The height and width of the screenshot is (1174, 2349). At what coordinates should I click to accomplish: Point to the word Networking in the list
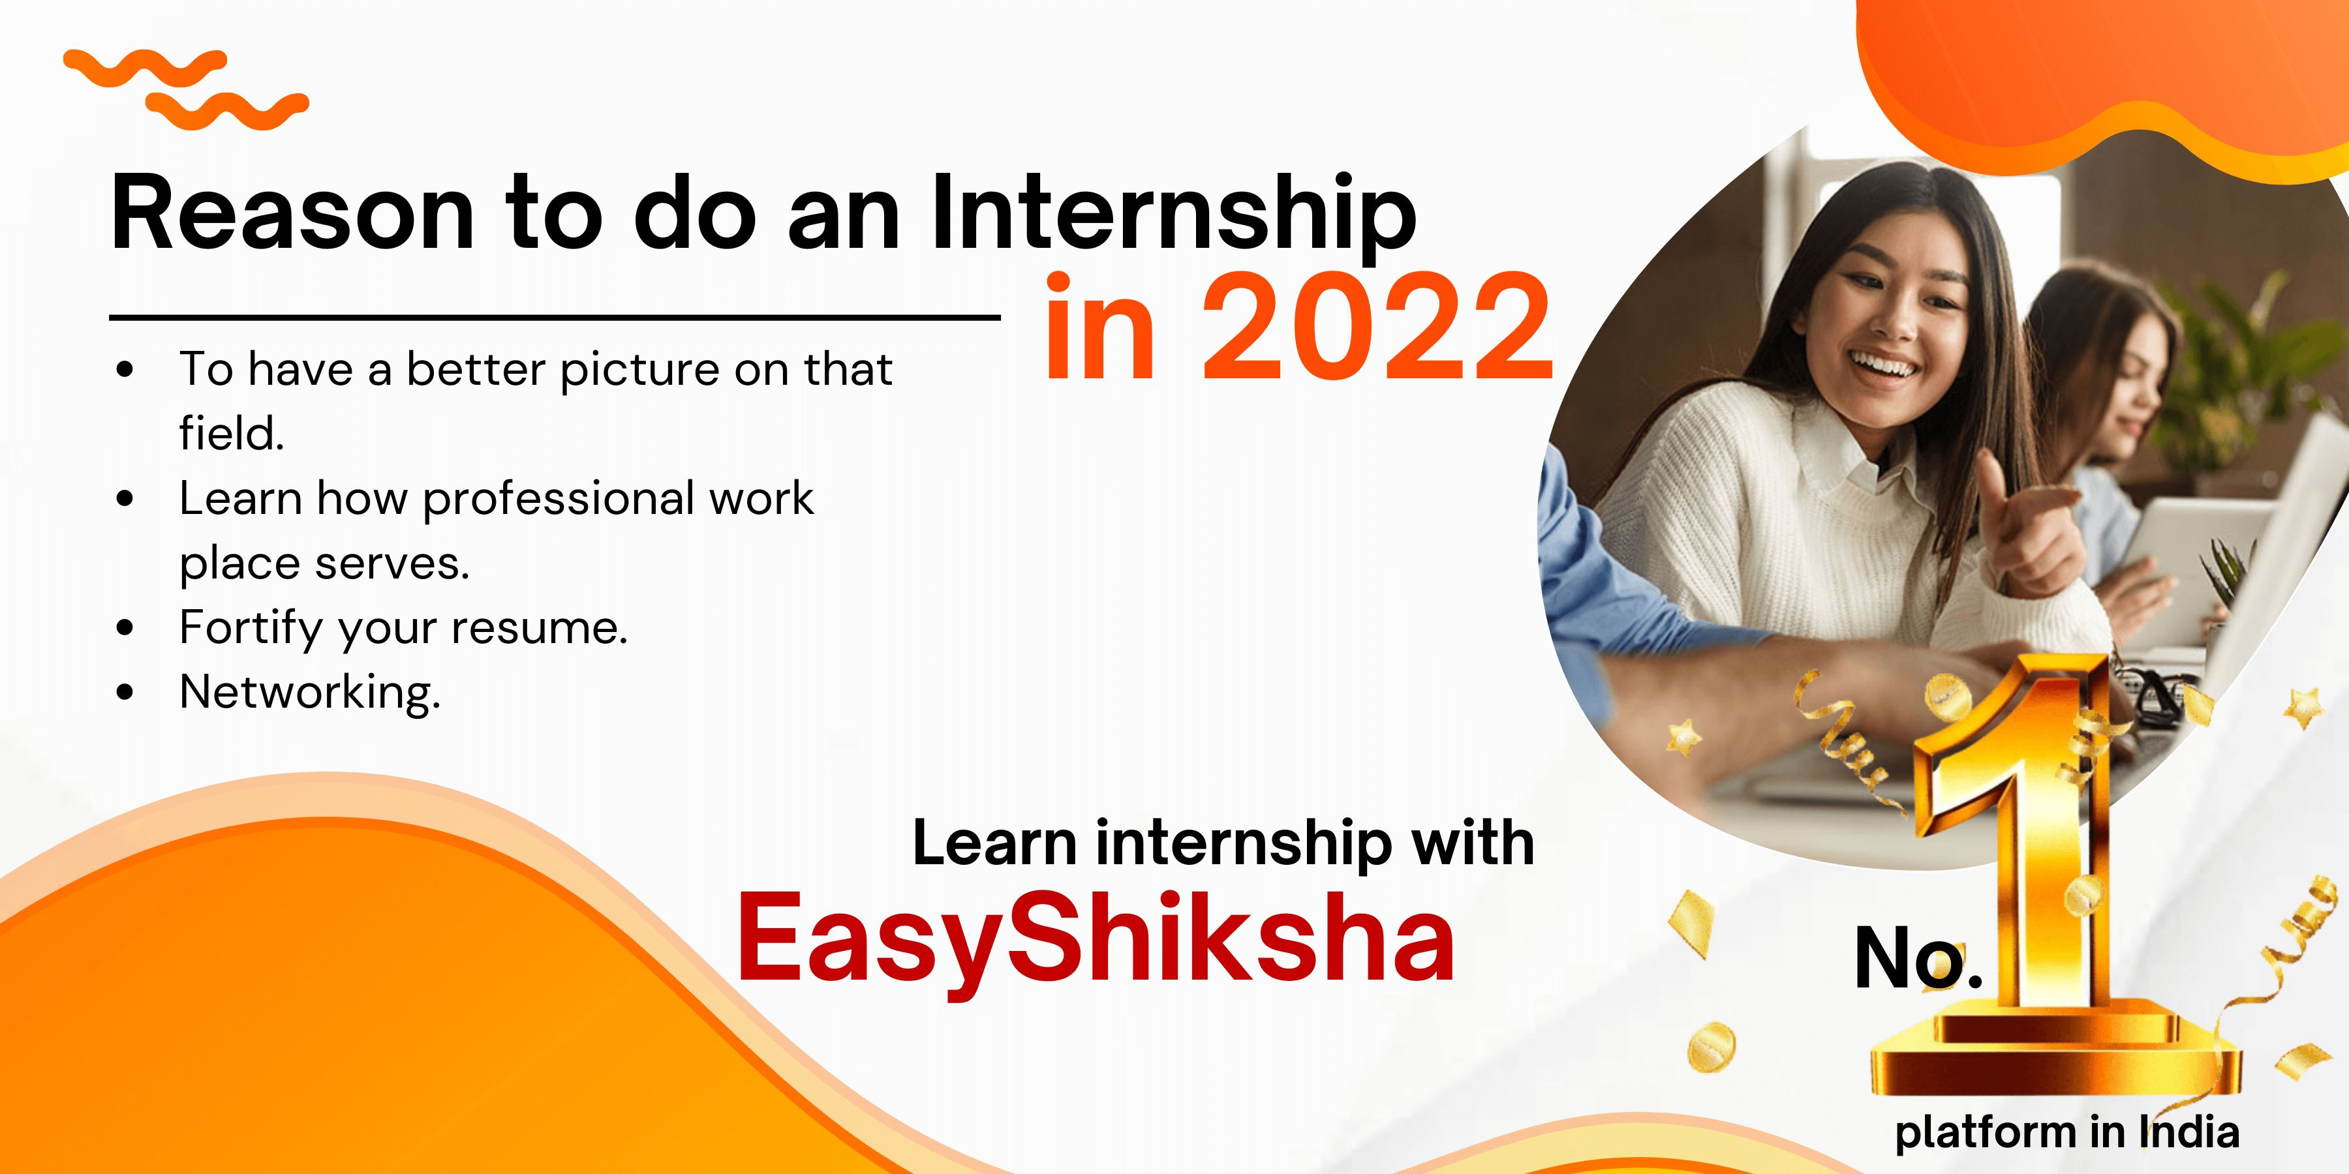tap(310, 692)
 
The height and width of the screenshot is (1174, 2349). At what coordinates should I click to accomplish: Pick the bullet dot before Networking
tap(125, 693)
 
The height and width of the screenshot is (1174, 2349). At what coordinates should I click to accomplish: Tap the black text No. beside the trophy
tap(1918, 958)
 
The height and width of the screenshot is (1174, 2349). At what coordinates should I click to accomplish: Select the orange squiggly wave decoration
tap(186, 89)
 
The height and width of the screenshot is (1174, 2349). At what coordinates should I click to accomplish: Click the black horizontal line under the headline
tap(555, 317)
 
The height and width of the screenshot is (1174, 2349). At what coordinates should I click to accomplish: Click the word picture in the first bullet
tap(640, 370)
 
